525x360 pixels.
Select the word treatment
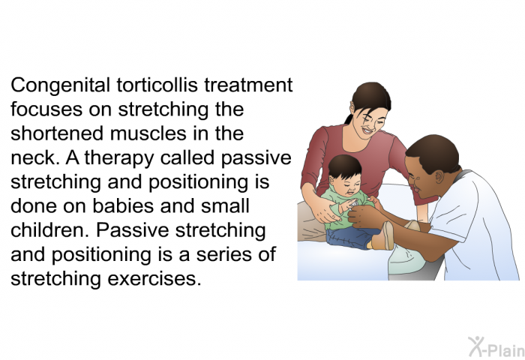[x=251, y=85]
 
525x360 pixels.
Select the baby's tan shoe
[x=383, y=236]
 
